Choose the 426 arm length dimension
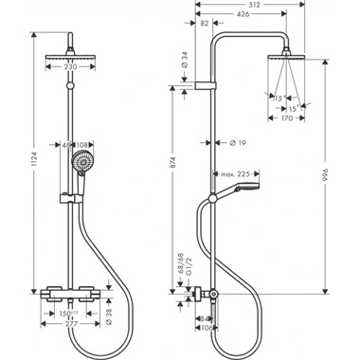[244, 15]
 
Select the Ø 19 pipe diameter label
[225, 144]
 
